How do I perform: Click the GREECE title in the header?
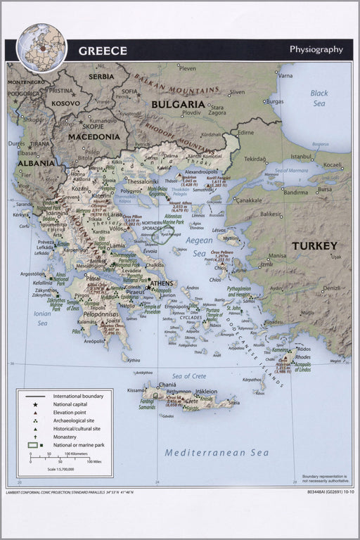click(103, 51)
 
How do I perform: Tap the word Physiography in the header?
click(316, 49)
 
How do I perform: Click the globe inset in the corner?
click(41, 48)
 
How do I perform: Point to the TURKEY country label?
click(314, 246)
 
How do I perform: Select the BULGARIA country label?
click(178, 104)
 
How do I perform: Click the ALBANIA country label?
click(35, 163)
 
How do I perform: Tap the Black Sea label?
click(319, 98)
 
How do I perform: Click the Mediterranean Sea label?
click(217, 452)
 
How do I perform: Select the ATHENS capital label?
click(162, 283)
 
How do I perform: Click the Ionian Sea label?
click(42, 319)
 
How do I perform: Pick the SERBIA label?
click(101, 76)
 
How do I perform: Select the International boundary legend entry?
click(78, 396)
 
